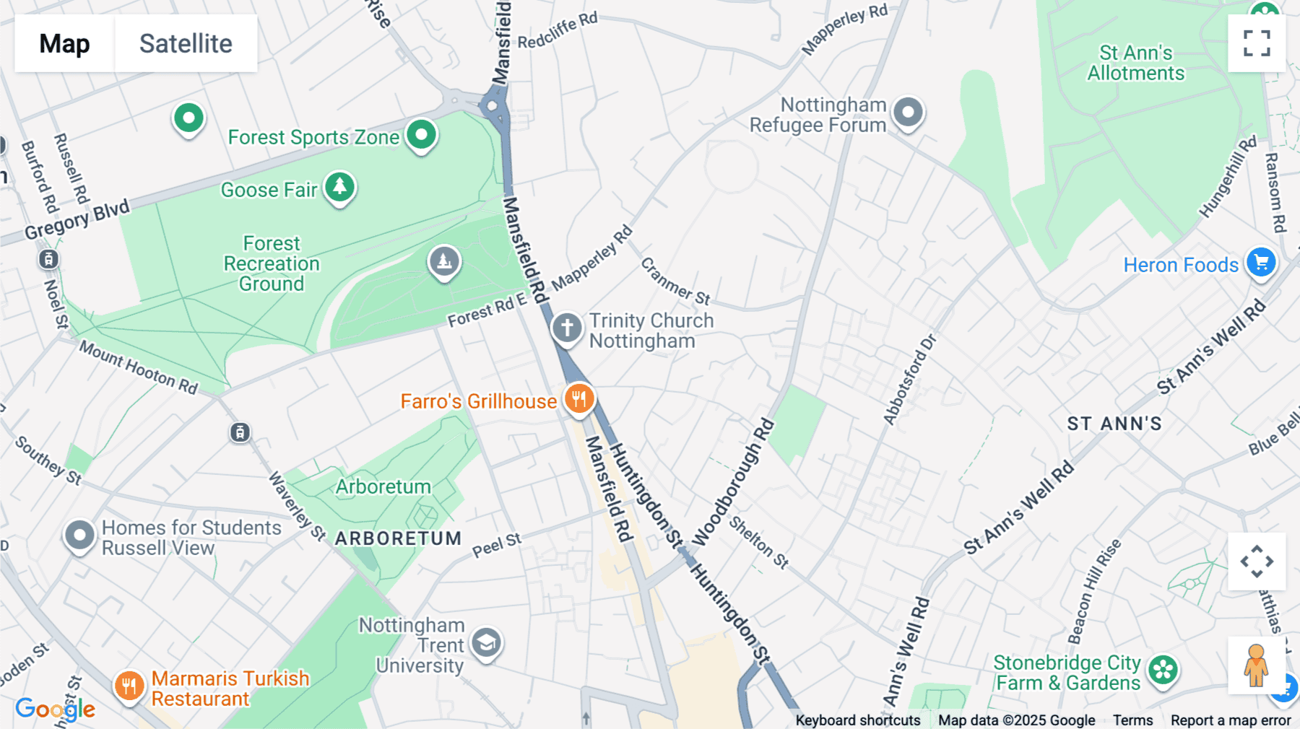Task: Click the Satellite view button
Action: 186,43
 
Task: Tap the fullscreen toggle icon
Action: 1257,43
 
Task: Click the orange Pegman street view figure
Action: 1256,665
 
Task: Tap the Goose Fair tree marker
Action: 339,188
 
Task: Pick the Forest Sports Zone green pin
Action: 421,135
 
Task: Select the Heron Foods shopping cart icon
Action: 1261,263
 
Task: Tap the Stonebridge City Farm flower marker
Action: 1163,671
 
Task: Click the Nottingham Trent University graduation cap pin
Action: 487,642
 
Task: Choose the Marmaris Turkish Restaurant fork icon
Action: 129,686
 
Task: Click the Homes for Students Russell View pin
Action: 79,536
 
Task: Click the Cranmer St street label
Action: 675,281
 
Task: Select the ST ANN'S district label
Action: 1114,424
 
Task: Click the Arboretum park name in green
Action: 383,486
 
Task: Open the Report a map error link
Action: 1231,720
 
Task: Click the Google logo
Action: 55,709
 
